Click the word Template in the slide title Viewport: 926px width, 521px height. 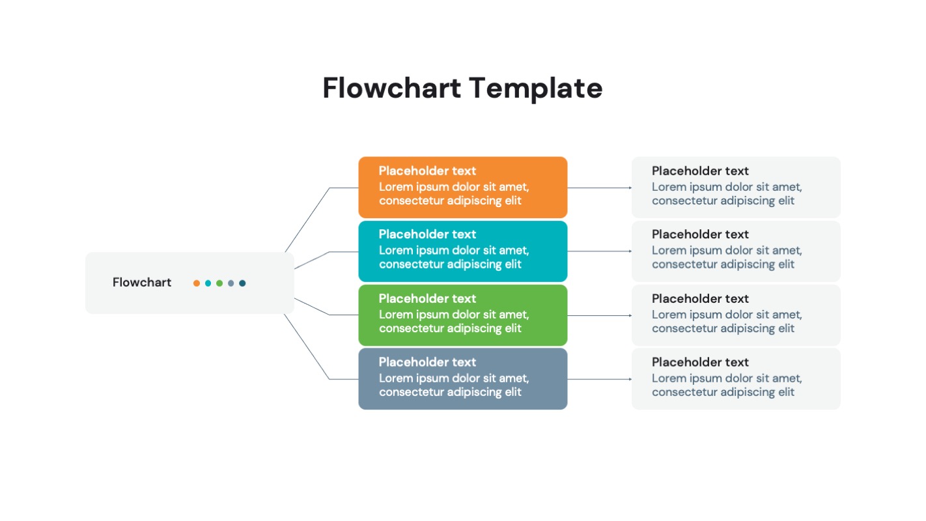(535, 89)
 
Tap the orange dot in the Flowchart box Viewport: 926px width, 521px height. (197, 283)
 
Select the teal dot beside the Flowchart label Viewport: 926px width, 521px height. (208, 283)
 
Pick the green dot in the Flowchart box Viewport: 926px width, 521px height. (219, 283)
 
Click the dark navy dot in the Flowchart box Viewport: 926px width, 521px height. (242, 283)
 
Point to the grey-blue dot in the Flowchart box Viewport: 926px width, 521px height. (231, 283)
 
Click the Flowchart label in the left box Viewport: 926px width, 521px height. (142, 283)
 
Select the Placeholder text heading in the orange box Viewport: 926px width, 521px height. (427, 171)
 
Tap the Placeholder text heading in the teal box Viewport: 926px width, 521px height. (427, 234)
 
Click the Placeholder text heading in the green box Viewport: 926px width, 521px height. (427, 299)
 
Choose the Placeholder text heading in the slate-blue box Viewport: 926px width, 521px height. (427, 362)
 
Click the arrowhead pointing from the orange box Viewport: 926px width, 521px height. (630, 188)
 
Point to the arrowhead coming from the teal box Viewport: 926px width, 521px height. (630, 251)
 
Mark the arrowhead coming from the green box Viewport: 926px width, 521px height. (630, 315)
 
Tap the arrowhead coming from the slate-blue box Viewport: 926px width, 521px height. (630, 379)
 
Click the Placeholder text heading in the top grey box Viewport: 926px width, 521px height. (700, 171)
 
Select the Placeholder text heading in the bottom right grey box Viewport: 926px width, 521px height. (700, 362)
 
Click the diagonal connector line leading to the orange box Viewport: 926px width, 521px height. (307, 219)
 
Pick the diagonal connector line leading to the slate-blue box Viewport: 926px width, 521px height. (307, 347)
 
